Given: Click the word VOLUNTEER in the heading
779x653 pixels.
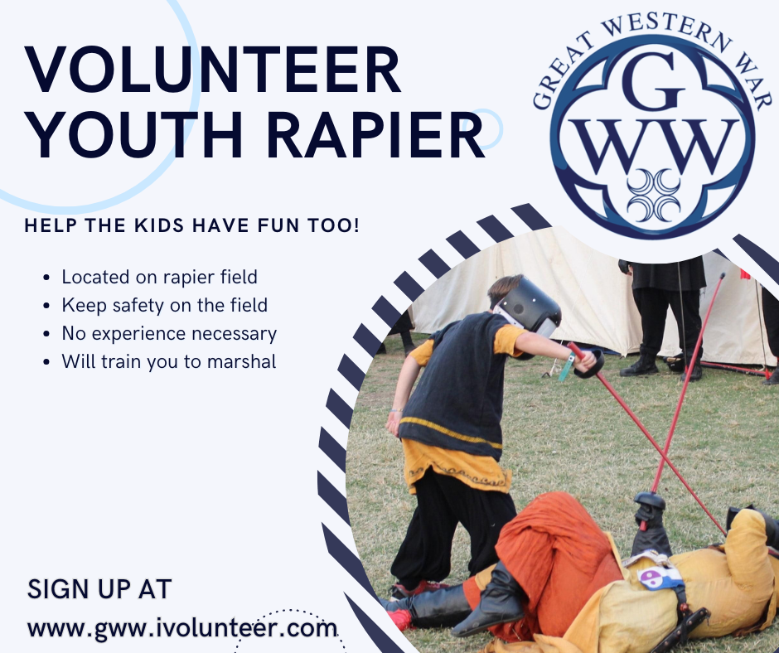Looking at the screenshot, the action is pos(213,70).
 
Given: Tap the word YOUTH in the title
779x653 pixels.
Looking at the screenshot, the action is pos(134,134).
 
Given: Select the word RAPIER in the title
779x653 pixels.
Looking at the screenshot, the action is pos(375,134).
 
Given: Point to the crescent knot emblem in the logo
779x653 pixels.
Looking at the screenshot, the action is pos(653,195).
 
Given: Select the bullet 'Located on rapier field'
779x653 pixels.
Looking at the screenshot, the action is pos(159,277).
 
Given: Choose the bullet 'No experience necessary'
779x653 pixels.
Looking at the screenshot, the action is pos(169,333).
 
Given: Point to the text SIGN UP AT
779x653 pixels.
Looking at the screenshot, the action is pos(99,589).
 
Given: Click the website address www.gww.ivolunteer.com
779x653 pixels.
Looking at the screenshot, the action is pos(181,628).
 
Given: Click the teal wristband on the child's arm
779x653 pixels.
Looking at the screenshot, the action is pos(566,367).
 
